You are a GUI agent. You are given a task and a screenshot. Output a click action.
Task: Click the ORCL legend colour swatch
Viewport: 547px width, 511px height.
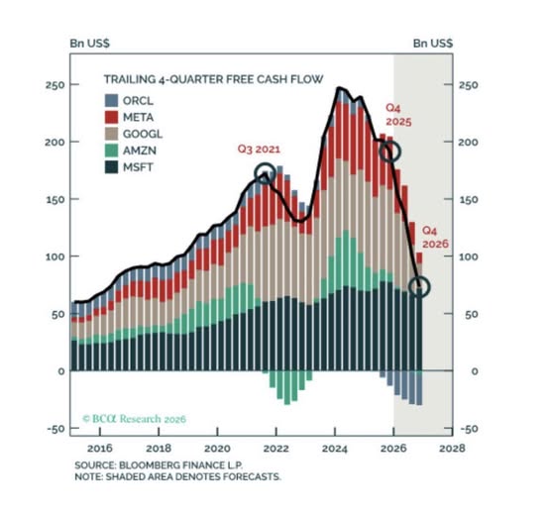click(112, 101)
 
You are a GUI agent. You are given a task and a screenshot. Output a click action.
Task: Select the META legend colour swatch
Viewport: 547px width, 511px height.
click(112, 117)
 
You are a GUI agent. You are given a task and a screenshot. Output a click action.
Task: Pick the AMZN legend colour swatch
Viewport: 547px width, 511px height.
click(112, 151)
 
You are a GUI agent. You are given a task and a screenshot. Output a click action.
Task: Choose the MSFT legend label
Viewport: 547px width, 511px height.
click(138, 167)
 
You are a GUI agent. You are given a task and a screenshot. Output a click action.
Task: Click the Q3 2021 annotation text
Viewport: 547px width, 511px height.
click(259, 150)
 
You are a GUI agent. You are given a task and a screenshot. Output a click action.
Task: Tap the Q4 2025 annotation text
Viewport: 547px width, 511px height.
click(398, 115)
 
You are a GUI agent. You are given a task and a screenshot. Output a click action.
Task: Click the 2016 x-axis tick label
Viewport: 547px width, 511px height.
click(100, 449)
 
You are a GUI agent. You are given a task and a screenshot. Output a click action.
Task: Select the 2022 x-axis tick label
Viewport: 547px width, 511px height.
click(275, 449)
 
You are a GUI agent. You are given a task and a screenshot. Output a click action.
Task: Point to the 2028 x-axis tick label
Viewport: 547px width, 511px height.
click(452, 449)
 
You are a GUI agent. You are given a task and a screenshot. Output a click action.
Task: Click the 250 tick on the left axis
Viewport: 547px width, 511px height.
click(55, 85)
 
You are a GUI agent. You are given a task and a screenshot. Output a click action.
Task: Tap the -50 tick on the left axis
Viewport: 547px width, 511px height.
click(55, 429)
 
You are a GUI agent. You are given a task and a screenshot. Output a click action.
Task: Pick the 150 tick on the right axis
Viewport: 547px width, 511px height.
click(468, 200)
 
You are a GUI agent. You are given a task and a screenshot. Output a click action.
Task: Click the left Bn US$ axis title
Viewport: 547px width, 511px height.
click(89, 44)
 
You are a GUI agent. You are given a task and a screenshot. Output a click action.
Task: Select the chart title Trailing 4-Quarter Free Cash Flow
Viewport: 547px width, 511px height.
click(213, 79)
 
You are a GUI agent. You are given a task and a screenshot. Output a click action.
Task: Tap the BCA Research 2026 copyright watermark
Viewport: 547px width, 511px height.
click(135, 419)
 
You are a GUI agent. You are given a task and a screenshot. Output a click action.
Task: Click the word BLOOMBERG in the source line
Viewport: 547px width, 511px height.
click(146, 465)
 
